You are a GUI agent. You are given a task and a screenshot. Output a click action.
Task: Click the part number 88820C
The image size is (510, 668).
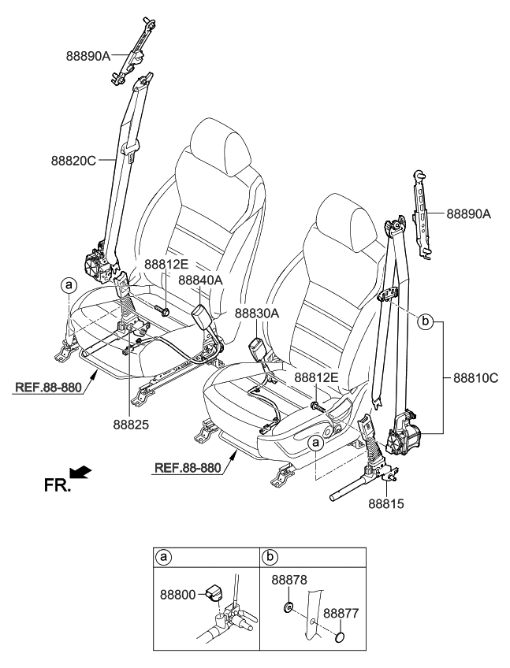[73, 161]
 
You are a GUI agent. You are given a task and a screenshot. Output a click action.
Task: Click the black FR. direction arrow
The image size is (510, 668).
[80, 472]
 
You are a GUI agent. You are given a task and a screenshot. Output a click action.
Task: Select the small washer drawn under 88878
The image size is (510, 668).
[287, 607]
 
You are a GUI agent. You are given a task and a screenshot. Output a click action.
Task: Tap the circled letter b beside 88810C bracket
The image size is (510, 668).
[425, 321]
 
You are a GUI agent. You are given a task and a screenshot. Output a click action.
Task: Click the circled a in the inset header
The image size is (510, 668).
[164, 558]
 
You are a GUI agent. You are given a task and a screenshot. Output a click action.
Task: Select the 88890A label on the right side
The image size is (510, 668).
[468, 213]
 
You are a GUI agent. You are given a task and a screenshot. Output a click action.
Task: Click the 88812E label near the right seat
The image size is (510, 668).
[316, 378]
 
